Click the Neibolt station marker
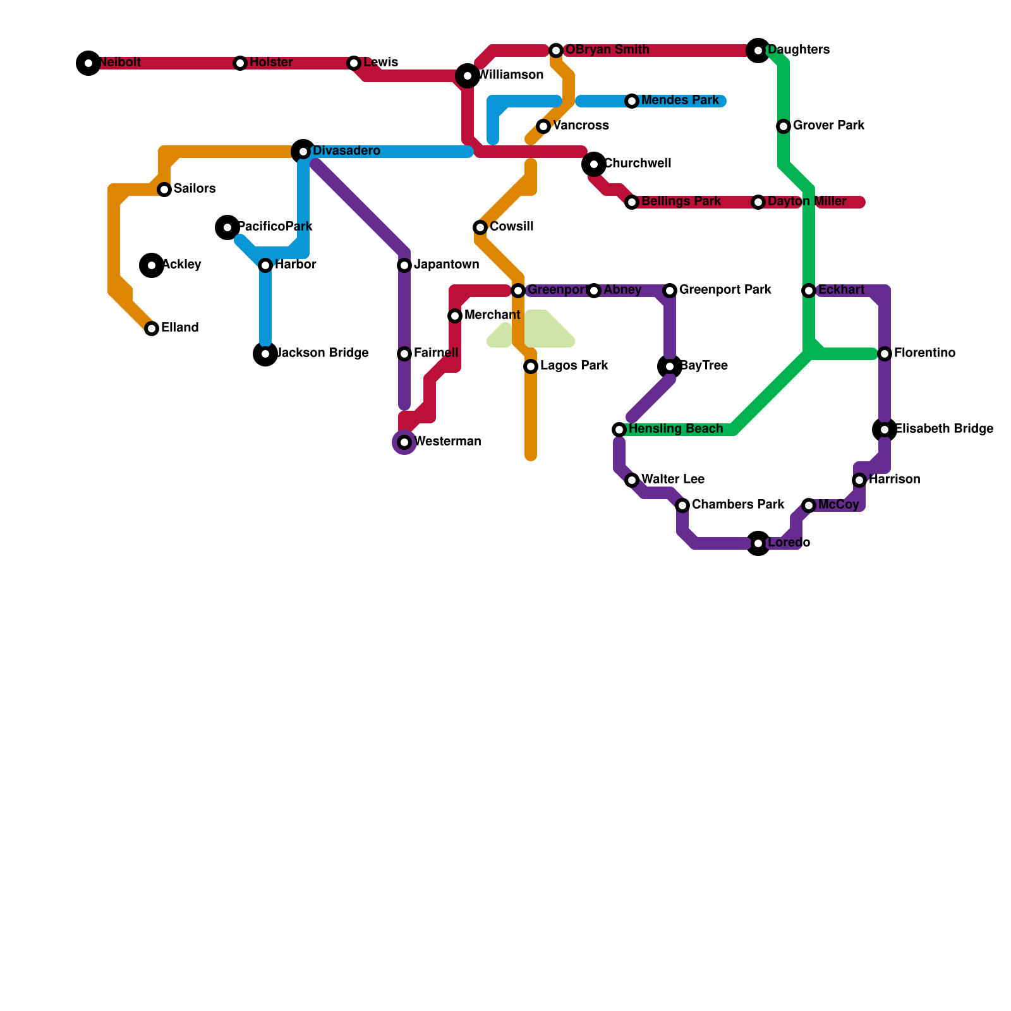click(88, 63)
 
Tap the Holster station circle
click(240, 63)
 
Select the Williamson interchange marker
click(468, 76)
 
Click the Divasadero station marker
click(303, 152)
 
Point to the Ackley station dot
click(152, 265)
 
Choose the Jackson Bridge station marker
click(265, 354)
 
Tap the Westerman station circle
click(404, 442)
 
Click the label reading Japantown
click(446, 265)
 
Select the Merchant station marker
click(455, 316)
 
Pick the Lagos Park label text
click(574, 366)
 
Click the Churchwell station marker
click(594, 164)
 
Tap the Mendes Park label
click(680, 100)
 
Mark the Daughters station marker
click(758, 51)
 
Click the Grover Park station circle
click(784, 126)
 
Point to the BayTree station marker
click(670, 366)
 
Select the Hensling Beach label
click(675, 429)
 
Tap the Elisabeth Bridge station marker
click(885, 430)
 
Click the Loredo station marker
click(758, 543)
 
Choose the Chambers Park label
click(737, 505)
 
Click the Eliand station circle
click(152, 329)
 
